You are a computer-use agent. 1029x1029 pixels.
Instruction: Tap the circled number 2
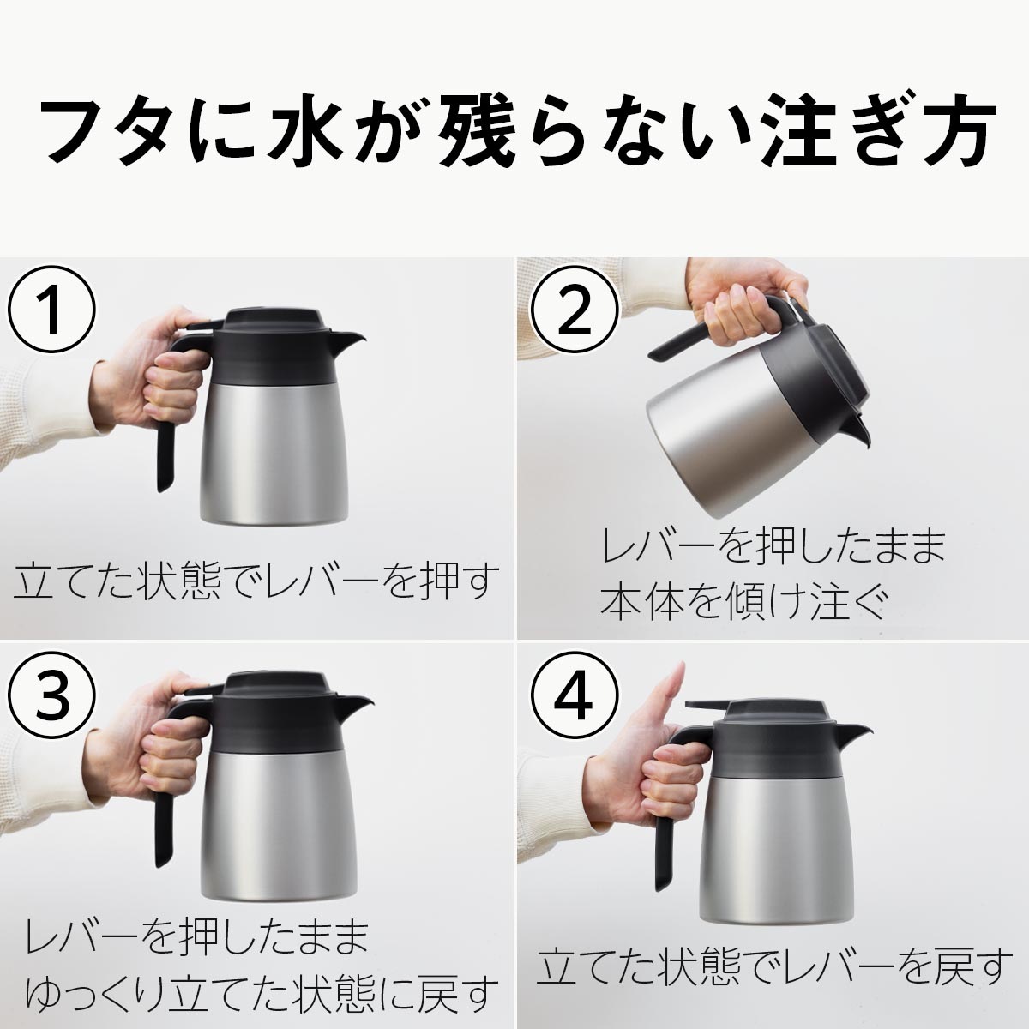pyautogui.click(x=574, y=311)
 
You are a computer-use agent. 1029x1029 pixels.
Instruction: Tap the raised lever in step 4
pyautogui.click(x=707, y=705)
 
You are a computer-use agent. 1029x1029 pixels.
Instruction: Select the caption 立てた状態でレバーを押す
pyautogui.click(x=256, y=583)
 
